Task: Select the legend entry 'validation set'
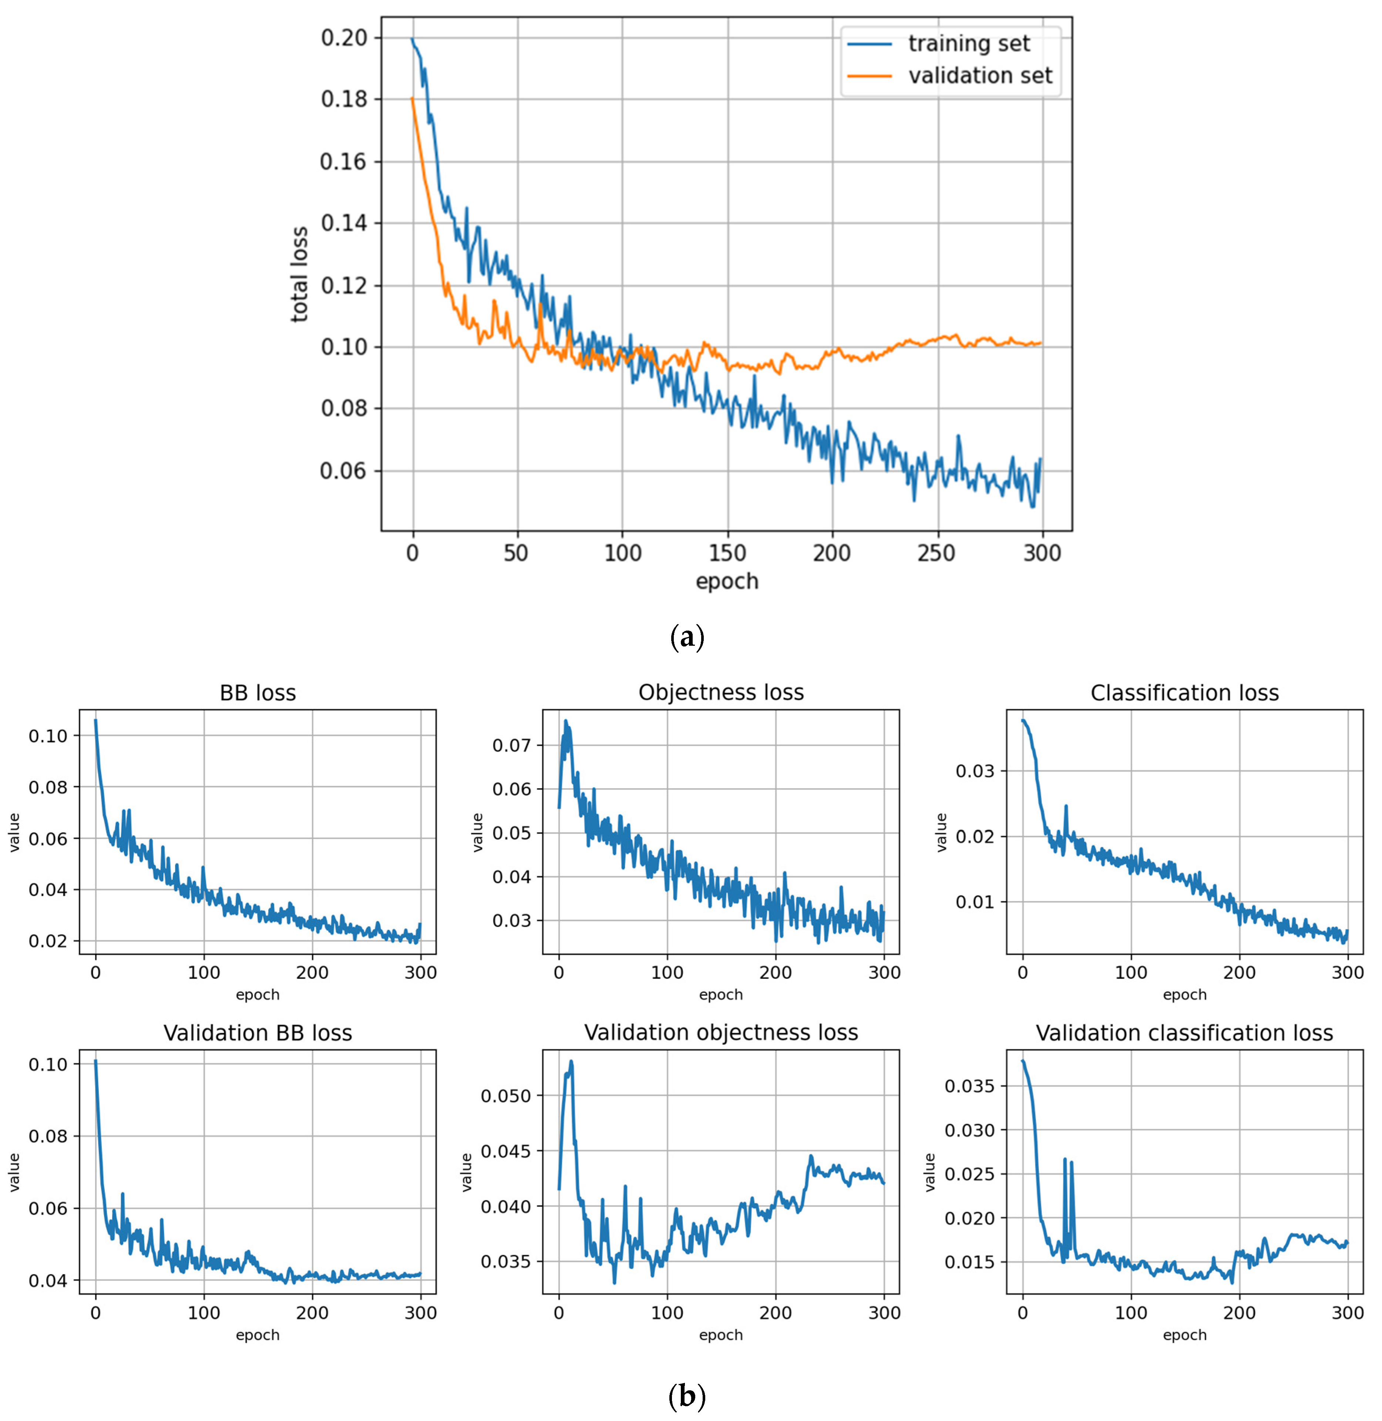pyautogui.click(x=980, y=75)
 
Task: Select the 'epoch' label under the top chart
pyautogui.click(x=727, y=581)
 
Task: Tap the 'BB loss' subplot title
pyautogui.click(x=258, y=693)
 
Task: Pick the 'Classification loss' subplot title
pyautogui.click(x=1184, y=693)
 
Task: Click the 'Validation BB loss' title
pyautogui.click(x=258, y=1033)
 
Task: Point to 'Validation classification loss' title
pyautogui.click(x=1184, y=1033)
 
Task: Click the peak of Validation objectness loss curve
pyautogui.click(x=571, y=1061)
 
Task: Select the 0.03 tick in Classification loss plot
pyautogui.click(x=975, y=771)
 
